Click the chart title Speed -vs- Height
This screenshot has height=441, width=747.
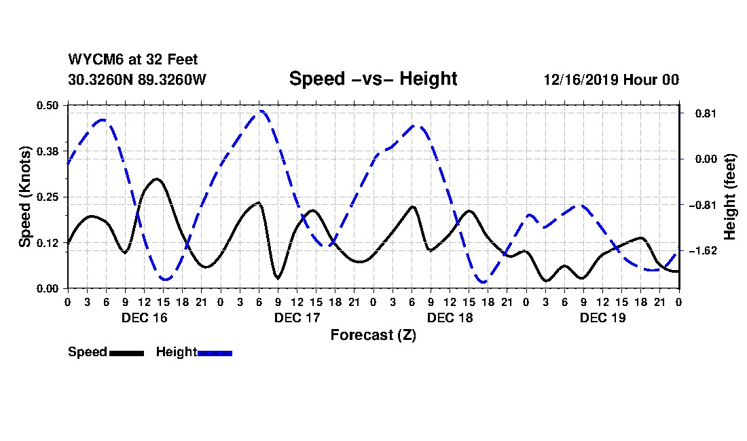(x=373, y=79)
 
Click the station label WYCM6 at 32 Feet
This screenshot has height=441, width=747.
(x=133, y=60)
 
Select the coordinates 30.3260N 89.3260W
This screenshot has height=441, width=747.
(x=136, y=79)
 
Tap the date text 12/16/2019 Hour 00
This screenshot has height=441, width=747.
(x=611, y=79)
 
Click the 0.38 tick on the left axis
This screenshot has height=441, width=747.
(x=48, y=151)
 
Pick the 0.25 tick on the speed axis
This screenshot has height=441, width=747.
(x=48, y=197)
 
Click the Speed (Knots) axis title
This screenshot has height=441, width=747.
(x=25, y=196)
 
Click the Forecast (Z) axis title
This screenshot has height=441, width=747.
(x=373, y=334)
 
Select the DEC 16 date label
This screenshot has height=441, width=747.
(x=143, y=318)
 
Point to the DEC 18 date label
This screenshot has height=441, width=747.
(x=450, y=318)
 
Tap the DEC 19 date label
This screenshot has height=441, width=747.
(x=602, y=318)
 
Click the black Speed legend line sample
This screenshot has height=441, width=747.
(x=126, y=353)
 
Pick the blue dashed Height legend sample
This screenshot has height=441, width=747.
(x=215, y=353)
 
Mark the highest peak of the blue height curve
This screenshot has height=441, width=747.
(x=261, y=111)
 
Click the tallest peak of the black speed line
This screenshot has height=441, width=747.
(x=156, y=179)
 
